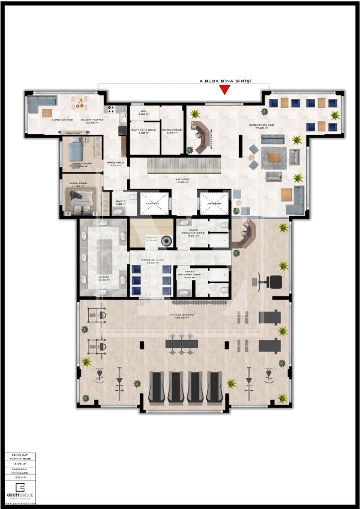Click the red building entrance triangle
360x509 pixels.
[225, 89]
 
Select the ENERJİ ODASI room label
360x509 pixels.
[172, 131]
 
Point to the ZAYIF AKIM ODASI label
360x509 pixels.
[144, 131]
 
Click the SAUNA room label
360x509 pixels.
[151, 239]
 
